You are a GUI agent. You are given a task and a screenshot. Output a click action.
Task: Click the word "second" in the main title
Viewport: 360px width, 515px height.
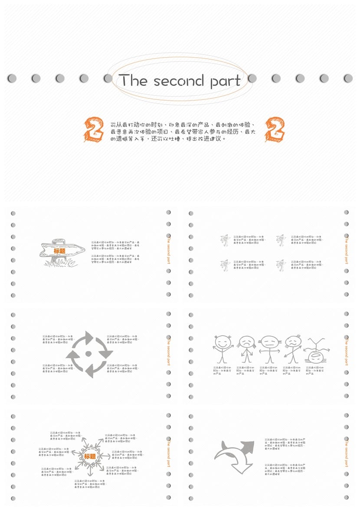(x=178, y=81)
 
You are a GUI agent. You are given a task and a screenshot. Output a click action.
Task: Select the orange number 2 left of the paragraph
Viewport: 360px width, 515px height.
(x=94, y=129)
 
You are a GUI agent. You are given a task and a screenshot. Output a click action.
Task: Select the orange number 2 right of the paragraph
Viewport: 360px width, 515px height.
(x=275, y=129)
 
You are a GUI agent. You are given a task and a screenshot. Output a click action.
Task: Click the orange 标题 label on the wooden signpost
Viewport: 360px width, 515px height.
(x=59, y=251)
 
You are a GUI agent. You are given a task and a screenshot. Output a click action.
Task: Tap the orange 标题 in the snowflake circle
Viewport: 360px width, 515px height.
(x=90, y=456)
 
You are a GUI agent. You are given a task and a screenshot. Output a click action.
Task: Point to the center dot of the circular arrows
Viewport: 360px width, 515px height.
(x=89, y=354)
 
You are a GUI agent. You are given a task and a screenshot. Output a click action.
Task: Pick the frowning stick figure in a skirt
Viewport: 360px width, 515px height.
(x=246, y=349)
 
